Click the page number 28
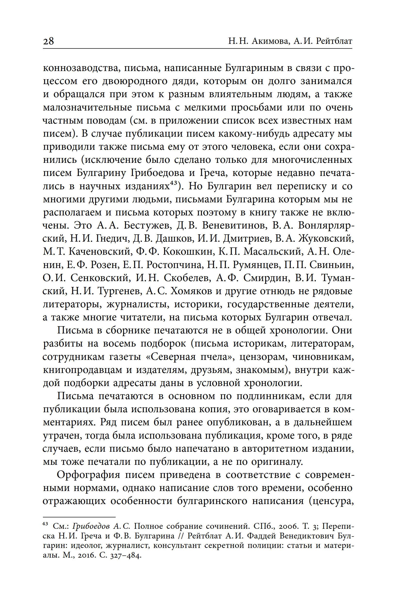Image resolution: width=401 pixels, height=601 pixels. coord(48,41)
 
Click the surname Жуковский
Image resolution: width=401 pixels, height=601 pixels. coord(326,238)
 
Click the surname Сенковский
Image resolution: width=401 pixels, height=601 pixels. coord(100,278)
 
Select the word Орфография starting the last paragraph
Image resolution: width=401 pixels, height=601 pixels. coord(88,475)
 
